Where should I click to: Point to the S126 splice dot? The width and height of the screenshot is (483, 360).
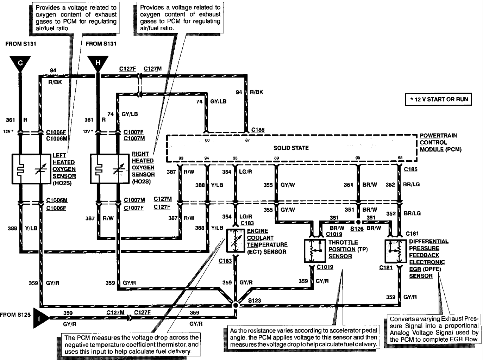[x=358, y=222]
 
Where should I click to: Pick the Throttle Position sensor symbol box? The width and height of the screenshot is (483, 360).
[x=314, y=250]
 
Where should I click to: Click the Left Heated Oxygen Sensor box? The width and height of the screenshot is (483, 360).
[x=31, y=168]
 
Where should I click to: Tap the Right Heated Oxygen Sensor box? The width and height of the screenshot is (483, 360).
[x=109, y=168]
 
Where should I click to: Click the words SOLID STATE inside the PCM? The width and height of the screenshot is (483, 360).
[x=291, y=148]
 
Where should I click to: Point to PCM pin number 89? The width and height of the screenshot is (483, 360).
[x=276, y=158]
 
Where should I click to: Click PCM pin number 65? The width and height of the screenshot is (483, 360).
[x=400, y=158]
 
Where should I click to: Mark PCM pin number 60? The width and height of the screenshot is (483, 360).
[x=207, y=140]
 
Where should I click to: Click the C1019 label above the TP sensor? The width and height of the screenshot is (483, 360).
[x=334, y=234]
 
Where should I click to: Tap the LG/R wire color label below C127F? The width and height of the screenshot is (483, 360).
[x=246, y=217]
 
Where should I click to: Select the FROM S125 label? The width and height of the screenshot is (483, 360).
[x=15, y=315]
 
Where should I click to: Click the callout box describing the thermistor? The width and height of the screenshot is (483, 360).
[x=131, y=345]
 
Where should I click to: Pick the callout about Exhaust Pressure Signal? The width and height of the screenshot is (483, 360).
[x=434, y=329]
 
